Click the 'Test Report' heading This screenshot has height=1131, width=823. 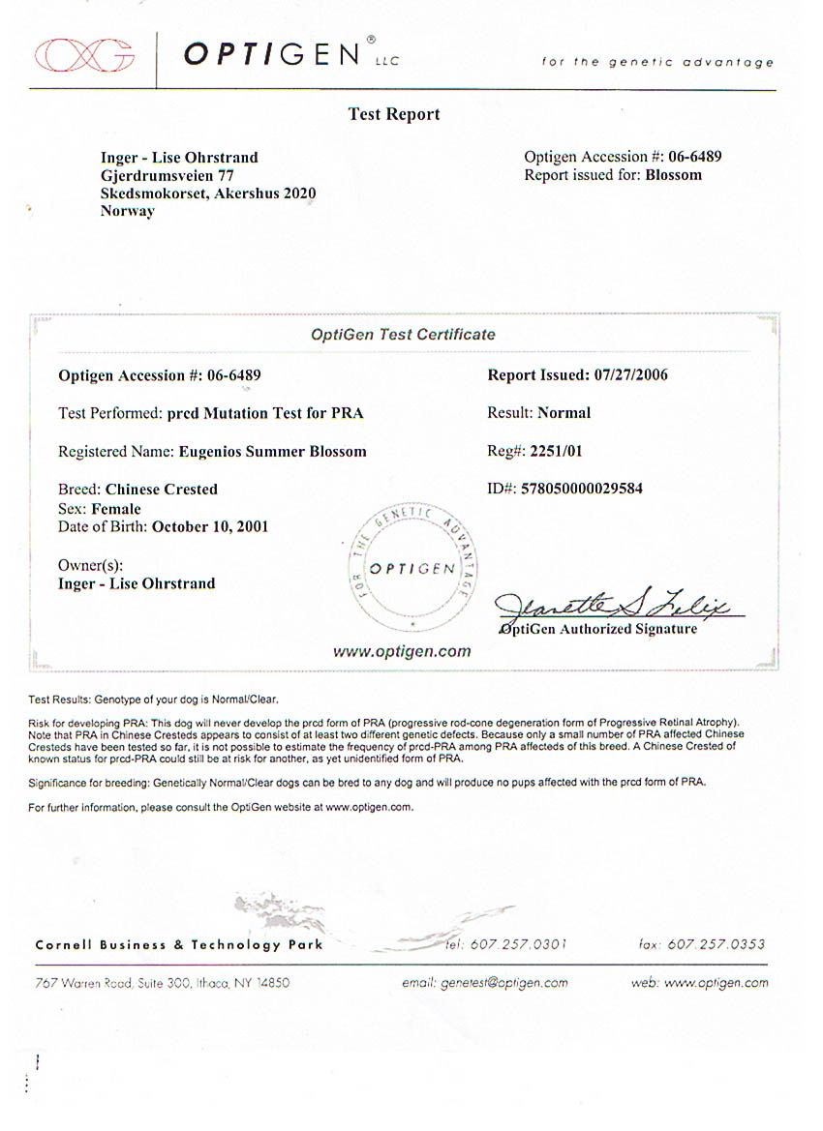point(393,114)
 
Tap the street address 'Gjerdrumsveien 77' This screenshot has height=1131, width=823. point(167,175)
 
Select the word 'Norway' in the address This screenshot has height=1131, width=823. point(127,211)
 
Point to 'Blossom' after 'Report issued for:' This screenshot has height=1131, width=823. point(673,175)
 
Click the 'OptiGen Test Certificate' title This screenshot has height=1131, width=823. point(403,335)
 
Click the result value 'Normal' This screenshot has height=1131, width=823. point(564,412)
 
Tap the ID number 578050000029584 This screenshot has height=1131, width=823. point(581,489)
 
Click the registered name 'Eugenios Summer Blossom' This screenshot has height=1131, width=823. point(272,451)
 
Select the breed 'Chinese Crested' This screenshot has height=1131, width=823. point(161,489)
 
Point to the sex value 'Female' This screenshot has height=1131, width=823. point(116,509)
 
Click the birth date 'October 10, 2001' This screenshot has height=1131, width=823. point(210,527)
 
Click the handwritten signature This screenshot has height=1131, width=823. point(620,607)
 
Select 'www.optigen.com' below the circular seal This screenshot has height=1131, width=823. point(402,651)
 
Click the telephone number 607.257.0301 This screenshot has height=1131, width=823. point(517,944)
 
